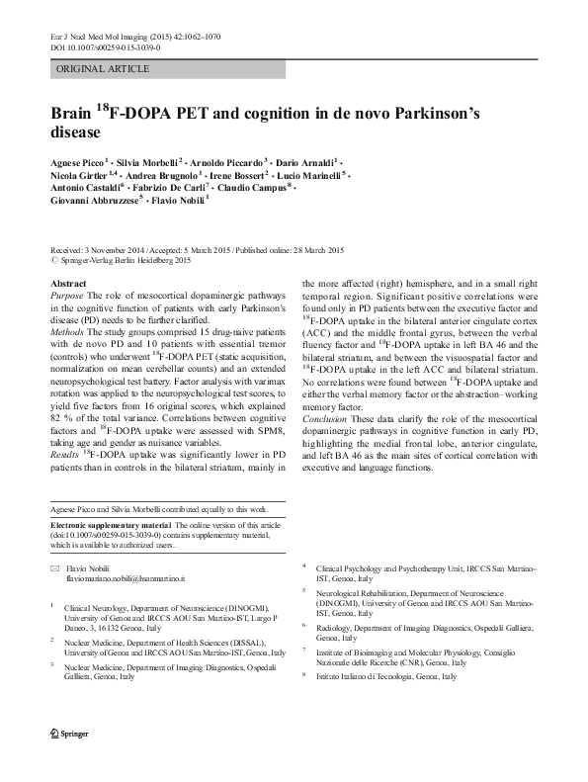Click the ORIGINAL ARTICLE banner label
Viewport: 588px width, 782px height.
coord(104,69)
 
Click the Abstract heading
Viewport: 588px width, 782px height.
coord(67,283)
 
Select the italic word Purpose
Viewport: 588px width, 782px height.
coord(66,296)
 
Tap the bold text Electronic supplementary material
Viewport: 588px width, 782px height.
coord(109,524)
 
